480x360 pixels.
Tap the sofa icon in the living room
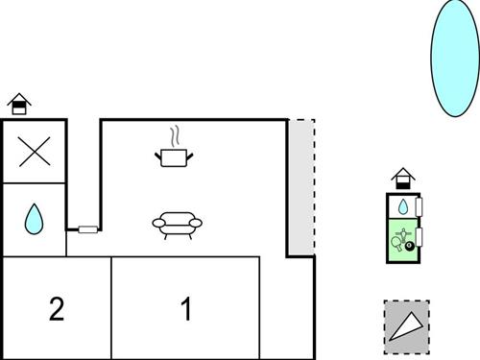[x=178, y=223]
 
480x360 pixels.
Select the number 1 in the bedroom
[x=186, y=309]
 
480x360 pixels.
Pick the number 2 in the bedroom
[x=57, y=309]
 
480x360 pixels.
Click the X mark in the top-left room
[x=35, y=152]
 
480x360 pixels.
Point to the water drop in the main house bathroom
[x=35, y=219]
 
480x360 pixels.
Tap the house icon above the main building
[x=18, y=103]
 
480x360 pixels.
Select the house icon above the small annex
[x=403, y=179]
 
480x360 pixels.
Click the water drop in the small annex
[x=403, y=206]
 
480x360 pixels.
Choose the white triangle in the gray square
[x=406, y=325]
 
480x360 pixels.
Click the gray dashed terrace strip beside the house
[x=301, y=187]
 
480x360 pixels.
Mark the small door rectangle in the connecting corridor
[x=87, y=229]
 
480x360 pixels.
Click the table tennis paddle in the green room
[x=396, y=241]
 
